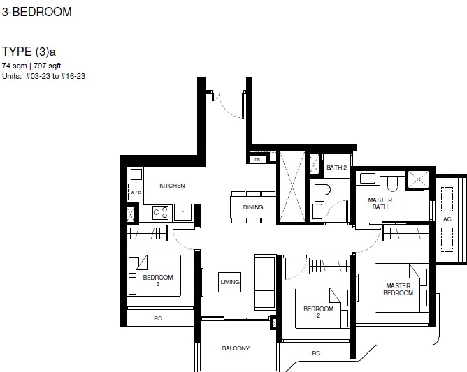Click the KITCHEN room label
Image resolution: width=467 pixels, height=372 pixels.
click(172, 186)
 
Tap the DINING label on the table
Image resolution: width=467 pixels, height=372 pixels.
click(253, 207)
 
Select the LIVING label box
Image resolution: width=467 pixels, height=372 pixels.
click(229, 282)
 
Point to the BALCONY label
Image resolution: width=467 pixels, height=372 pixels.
click(236, 348)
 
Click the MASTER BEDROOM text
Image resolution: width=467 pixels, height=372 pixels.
click(398, 290)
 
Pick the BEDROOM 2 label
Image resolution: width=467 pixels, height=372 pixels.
click(318, 312)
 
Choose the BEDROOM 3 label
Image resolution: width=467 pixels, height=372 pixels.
click(158, 281)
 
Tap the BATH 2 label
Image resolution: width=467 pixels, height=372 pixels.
click(336, 168)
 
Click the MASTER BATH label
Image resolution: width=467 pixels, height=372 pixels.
click(380, 203)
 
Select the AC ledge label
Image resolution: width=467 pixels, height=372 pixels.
click(447, 219)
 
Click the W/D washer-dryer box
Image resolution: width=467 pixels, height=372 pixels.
click(136, 193)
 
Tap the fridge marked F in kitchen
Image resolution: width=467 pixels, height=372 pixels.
click(182, 212)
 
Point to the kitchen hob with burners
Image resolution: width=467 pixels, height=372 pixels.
click(161, 213)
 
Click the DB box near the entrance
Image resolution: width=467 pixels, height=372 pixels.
click(257, 160)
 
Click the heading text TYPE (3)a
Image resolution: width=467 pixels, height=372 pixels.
click(29, 52)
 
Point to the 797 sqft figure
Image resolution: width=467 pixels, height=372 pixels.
click(47, 66)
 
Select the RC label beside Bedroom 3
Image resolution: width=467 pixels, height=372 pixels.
click(158, 318)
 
